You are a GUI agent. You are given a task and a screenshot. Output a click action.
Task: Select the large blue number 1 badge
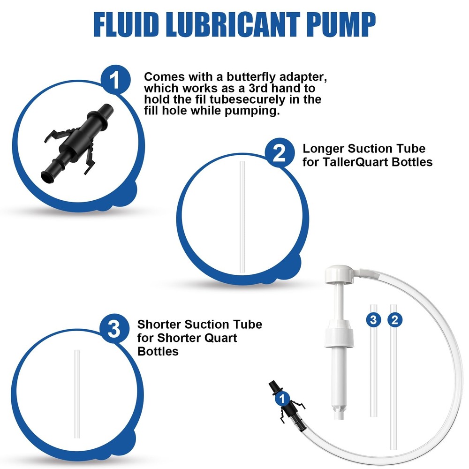(x=115, y=80)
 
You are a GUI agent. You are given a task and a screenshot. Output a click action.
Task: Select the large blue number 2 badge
(x=280, y=153)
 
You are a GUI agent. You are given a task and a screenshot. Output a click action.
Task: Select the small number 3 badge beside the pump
(x=373, y=320)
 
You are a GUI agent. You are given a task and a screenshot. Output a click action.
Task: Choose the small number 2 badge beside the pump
(x=395, y=320)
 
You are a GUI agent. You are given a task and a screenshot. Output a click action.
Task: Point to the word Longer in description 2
(x=323, y=149)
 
